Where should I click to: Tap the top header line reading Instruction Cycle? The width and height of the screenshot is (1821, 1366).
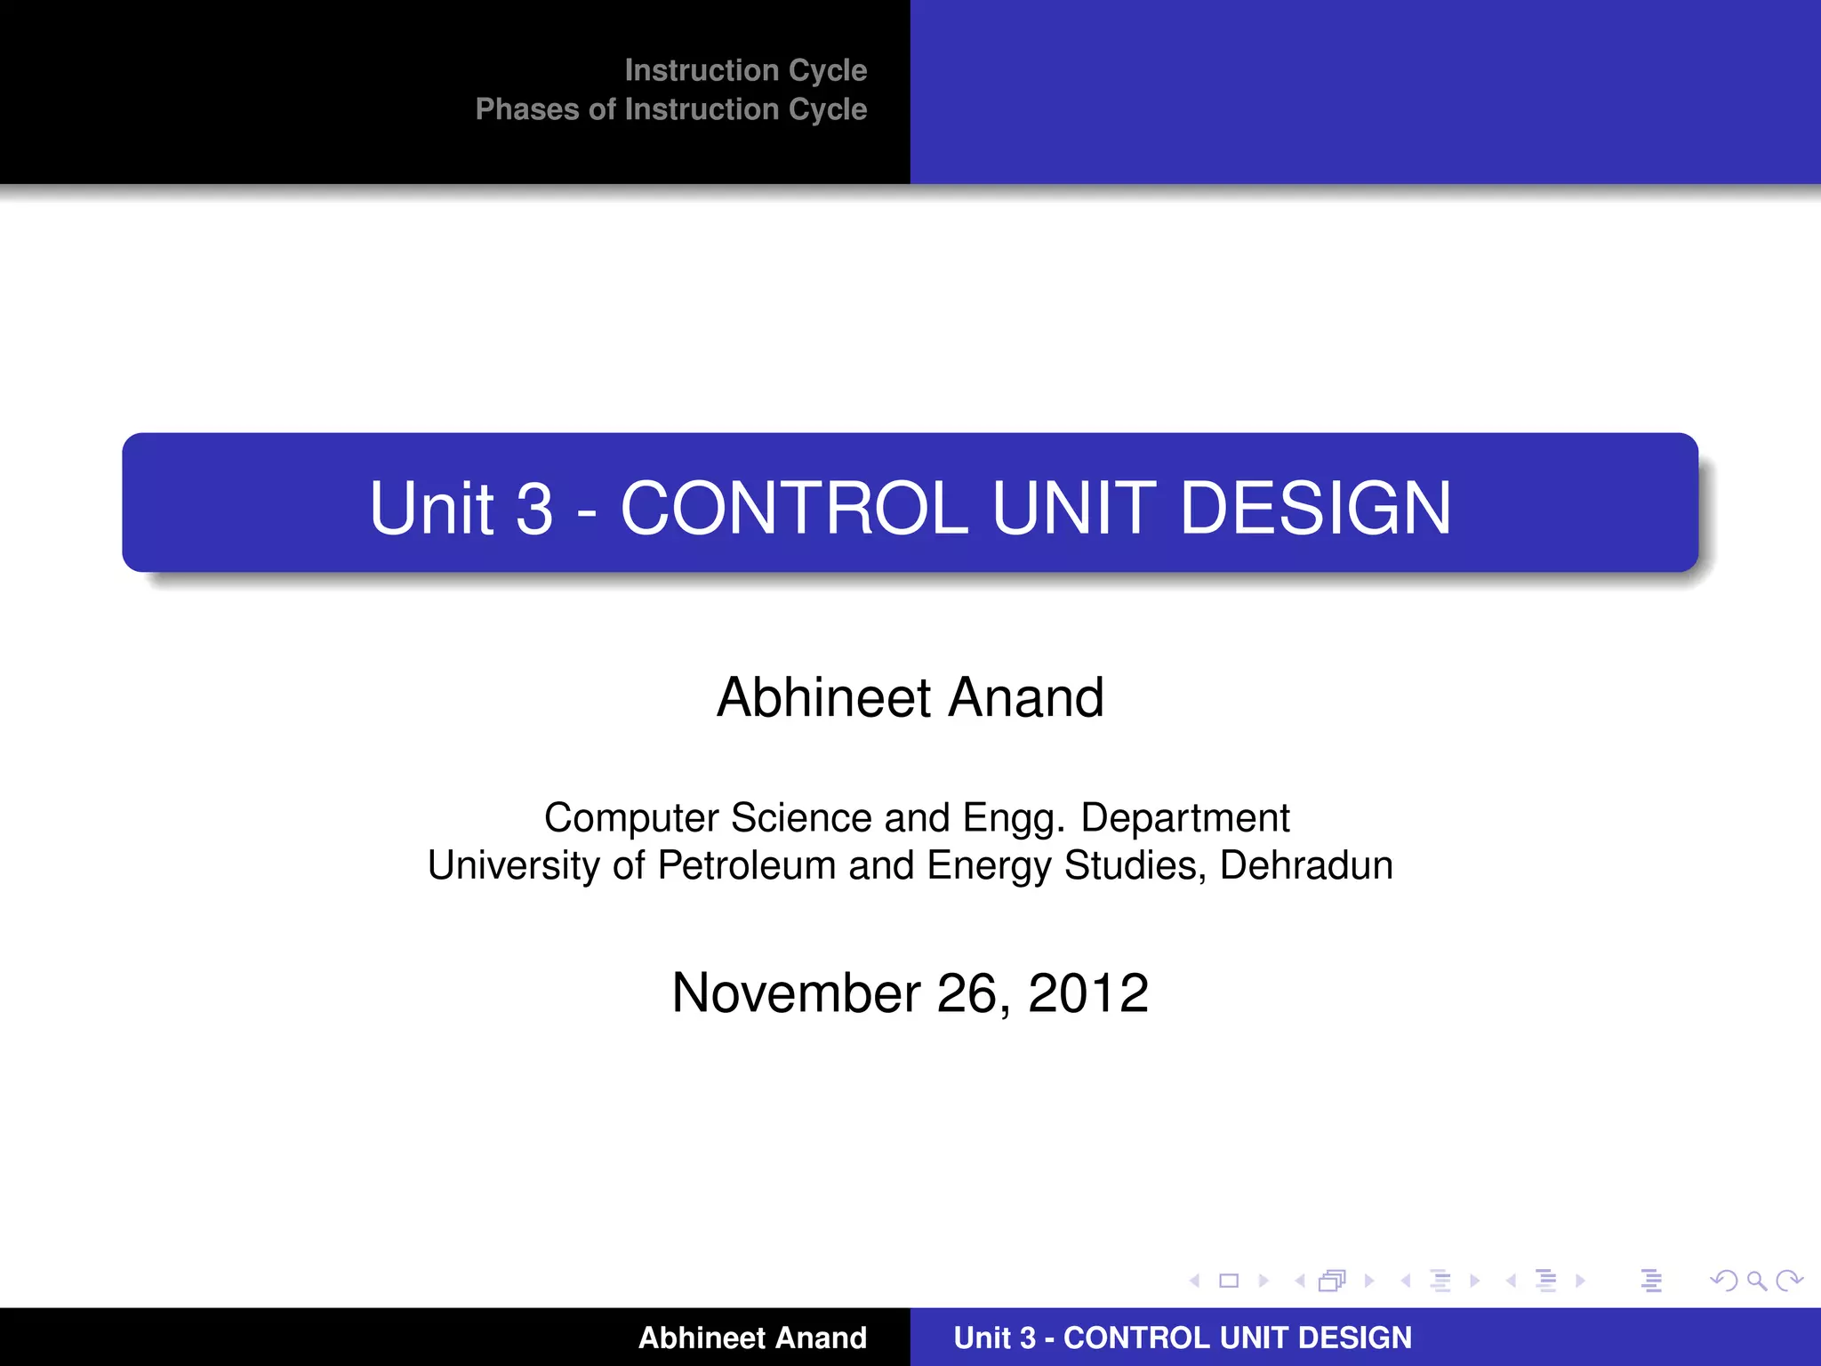(x=745, y=70)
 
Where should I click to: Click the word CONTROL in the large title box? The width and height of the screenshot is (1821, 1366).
(x=793, y=508)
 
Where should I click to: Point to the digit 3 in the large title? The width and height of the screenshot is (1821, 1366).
(x=534, y=508)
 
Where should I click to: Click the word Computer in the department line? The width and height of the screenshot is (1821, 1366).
(x=630, y=818)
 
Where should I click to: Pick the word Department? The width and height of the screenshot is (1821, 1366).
(x=1184, y=818)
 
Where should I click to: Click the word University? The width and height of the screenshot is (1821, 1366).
(x=513, y=865)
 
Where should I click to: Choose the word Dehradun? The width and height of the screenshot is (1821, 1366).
(x=1305, y=865)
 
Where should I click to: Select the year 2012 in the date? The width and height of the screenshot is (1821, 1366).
(x=1088, y=992)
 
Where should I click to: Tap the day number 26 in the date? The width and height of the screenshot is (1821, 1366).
(x=973, y=992)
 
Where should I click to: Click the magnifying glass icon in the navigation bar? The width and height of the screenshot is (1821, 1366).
(x=1756, y=1281)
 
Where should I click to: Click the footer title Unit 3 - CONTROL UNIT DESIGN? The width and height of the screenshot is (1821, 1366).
(x=1182, y=1338)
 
